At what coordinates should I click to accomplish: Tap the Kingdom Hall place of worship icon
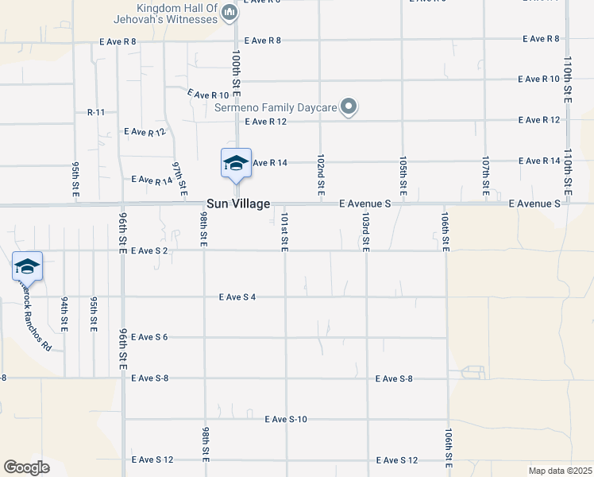(229, 11)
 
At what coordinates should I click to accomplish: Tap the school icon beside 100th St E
(236, 164)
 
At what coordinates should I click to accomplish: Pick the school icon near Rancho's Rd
(27, 266)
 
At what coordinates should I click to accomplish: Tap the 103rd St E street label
(365, 231)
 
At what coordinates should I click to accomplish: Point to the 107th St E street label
(485, 176)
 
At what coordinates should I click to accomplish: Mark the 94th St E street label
(64, 313)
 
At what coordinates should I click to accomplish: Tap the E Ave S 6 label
(149, 337)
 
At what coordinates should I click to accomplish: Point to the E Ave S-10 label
(286, 418)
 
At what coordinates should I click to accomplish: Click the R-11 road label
(96, 112)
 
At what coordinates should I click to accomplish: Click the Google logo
(26, 467)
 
